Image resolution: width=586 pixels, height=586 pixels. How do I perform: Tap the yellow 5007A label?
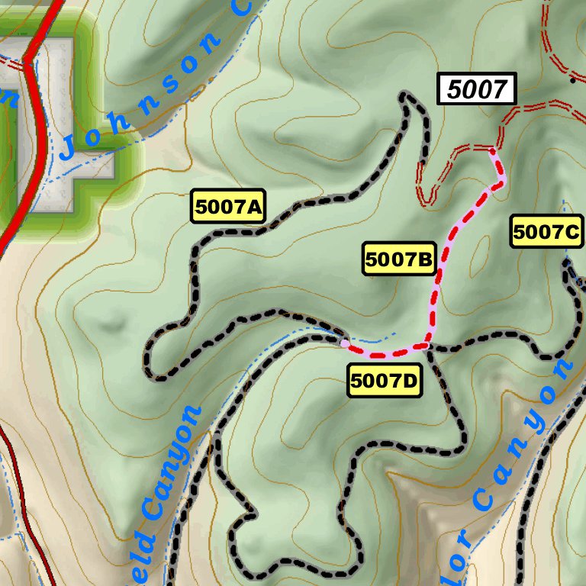(x=229, y=206)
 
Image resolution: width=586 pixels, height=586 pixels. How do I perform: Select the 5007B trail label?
(x=399, y=260)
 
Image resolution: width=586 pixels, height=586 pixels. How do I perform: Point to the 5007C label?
(x=547, y=233)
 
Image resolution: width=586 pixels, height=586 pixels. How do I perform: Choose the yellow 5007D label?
(x=385, y=381)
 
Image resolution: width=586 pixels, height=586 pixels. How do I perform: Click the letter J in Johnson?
(x=68, y=147)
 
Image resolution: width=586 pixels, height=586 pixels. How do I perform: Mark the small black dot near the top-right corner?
(x=572, y=79)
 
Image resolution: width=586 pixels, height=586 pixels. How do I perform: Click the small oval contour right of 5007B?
(x=480, y=256)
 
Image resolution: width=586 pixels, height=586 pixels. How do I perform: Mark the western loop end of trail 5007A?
(x=150, y=366)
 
